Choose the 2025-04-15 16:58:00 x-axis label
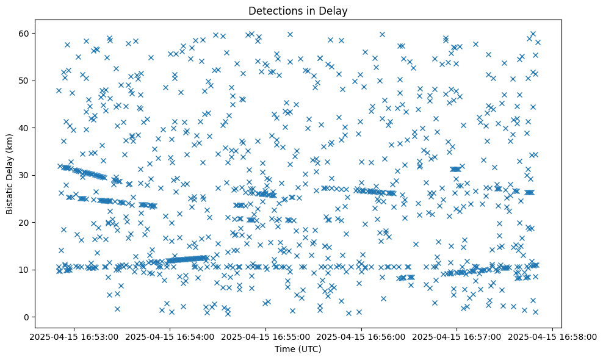pos(553,336)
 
